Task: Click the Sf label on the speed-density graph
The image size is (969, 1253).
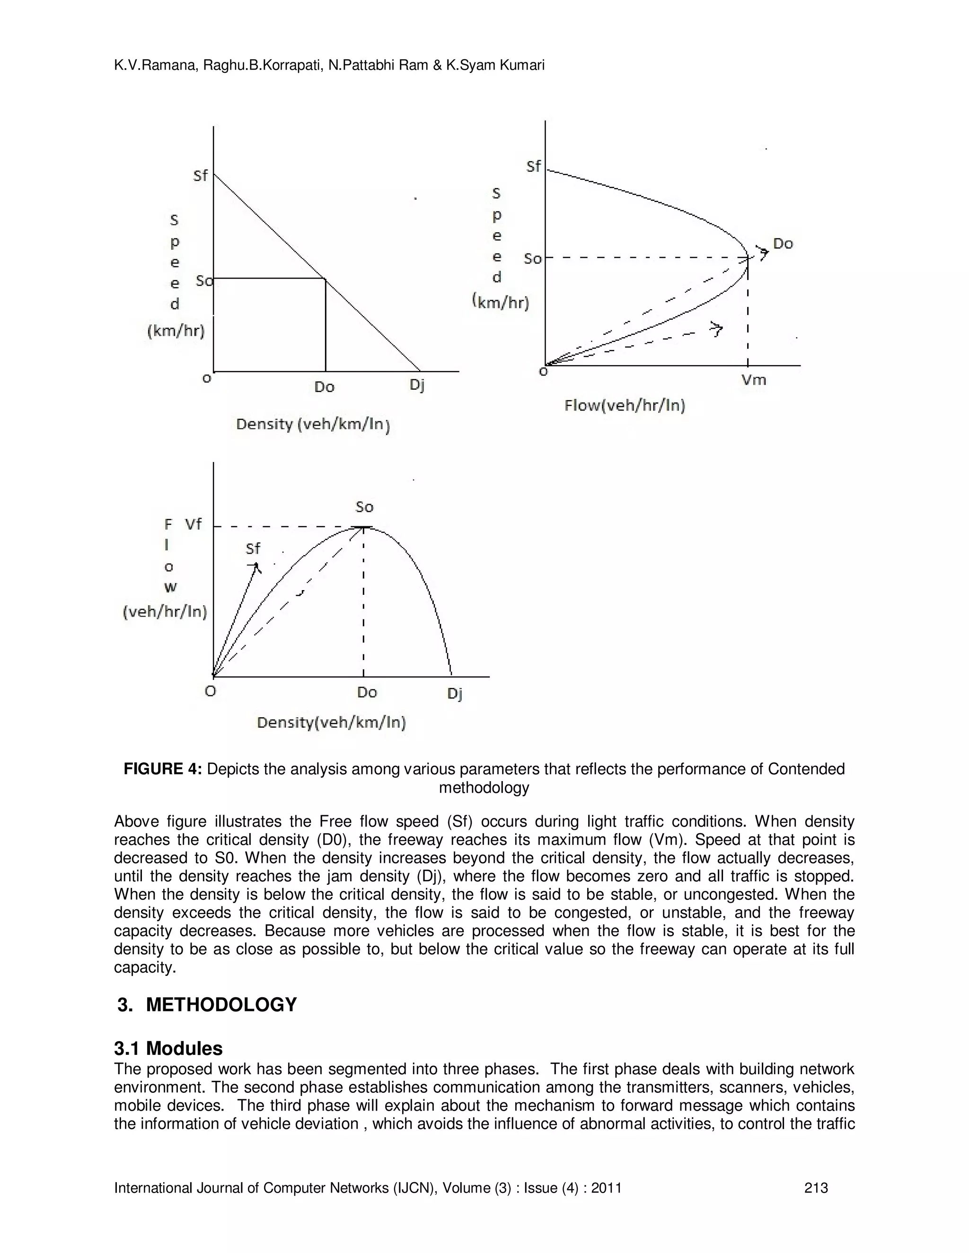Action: (200, 175)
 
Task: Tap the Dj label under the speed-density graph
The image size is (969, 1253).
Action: (417, 385)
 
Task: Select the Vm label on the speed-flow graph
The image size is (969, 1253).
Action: (754, 380)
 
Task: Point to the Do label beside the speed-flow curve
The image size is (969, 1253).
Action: (783, 244)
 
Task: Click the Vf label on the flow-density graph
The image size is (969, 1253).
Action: (194, 524)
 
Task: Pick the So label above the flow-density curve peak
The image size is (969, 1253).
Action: (364, 507)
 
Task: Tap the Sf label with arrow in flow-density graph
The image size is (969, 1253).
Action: (253, 549)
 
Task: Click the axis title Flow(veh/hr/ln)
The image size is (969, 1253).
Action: (625, 406)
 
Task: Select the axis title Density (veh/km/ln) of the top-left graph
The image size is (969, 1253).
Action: (313, 425)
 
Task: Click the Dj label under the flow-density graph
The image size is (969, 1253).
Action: (454, 694)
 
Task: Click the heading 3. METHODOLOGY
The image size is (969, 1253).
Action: (207, 1005)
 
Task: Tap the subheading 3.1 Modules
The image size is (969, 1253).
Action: (168, 1048)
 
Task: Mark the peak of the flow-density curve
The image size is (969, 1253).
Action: (363, 527)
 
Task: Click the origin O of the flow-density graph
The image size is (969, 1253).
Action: (211, 691)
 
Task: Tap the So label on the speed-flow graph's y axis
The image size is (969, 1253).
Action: (532, 259)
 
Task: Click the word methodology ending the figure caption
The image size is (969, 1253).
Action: (484, 788)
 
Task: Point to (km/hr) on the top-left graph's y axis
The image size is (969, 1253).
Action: (176, 331)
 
